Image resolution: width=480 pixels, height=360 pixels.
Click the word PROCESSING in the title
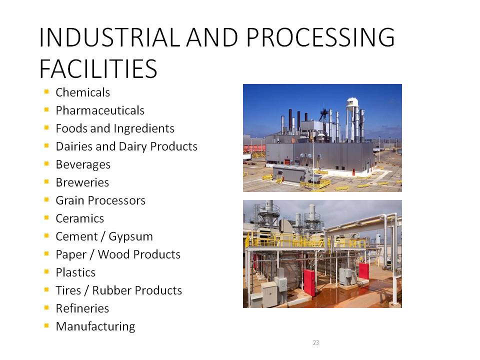(x=320, y=37)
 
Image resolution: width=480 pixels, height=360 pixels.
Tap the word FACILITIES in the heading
(x=98, y=69)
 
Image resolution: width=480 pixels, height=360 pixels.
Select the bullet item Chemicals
(x=82, y=92)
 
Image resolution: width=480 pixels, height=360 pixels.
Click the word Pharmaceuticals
(x=100, y=110)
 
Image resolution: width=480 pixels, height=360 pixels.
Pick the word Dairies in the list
(x=74, y=146)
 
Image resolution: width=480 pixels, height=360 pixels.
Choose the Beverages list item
(x=83, y=164)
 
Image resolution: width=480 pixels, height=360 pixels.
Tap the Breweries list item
(x=82, y=182)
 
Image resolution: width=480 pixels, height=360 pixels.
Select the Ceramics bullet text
(x=80, y=218)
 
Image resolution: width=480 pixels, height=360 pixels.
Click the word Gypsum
(x=130, y=237)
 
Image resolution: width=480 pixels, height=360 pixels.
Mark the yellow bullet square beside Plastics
(x=46, y=271)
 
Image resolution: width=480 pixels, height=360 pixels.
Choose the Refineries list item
(x=82, y=308)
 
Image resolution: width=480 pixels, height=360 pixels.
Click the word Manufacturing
(x=95, y=326)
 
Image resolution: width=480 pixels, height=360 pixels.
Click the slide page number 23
(x=316, y=342)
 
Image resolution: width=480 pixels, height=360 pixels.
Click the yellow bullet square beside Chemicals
(x=46, y=91)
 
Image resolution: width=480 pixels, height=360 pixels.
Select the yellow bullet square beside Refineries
(x=46, y=307)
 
